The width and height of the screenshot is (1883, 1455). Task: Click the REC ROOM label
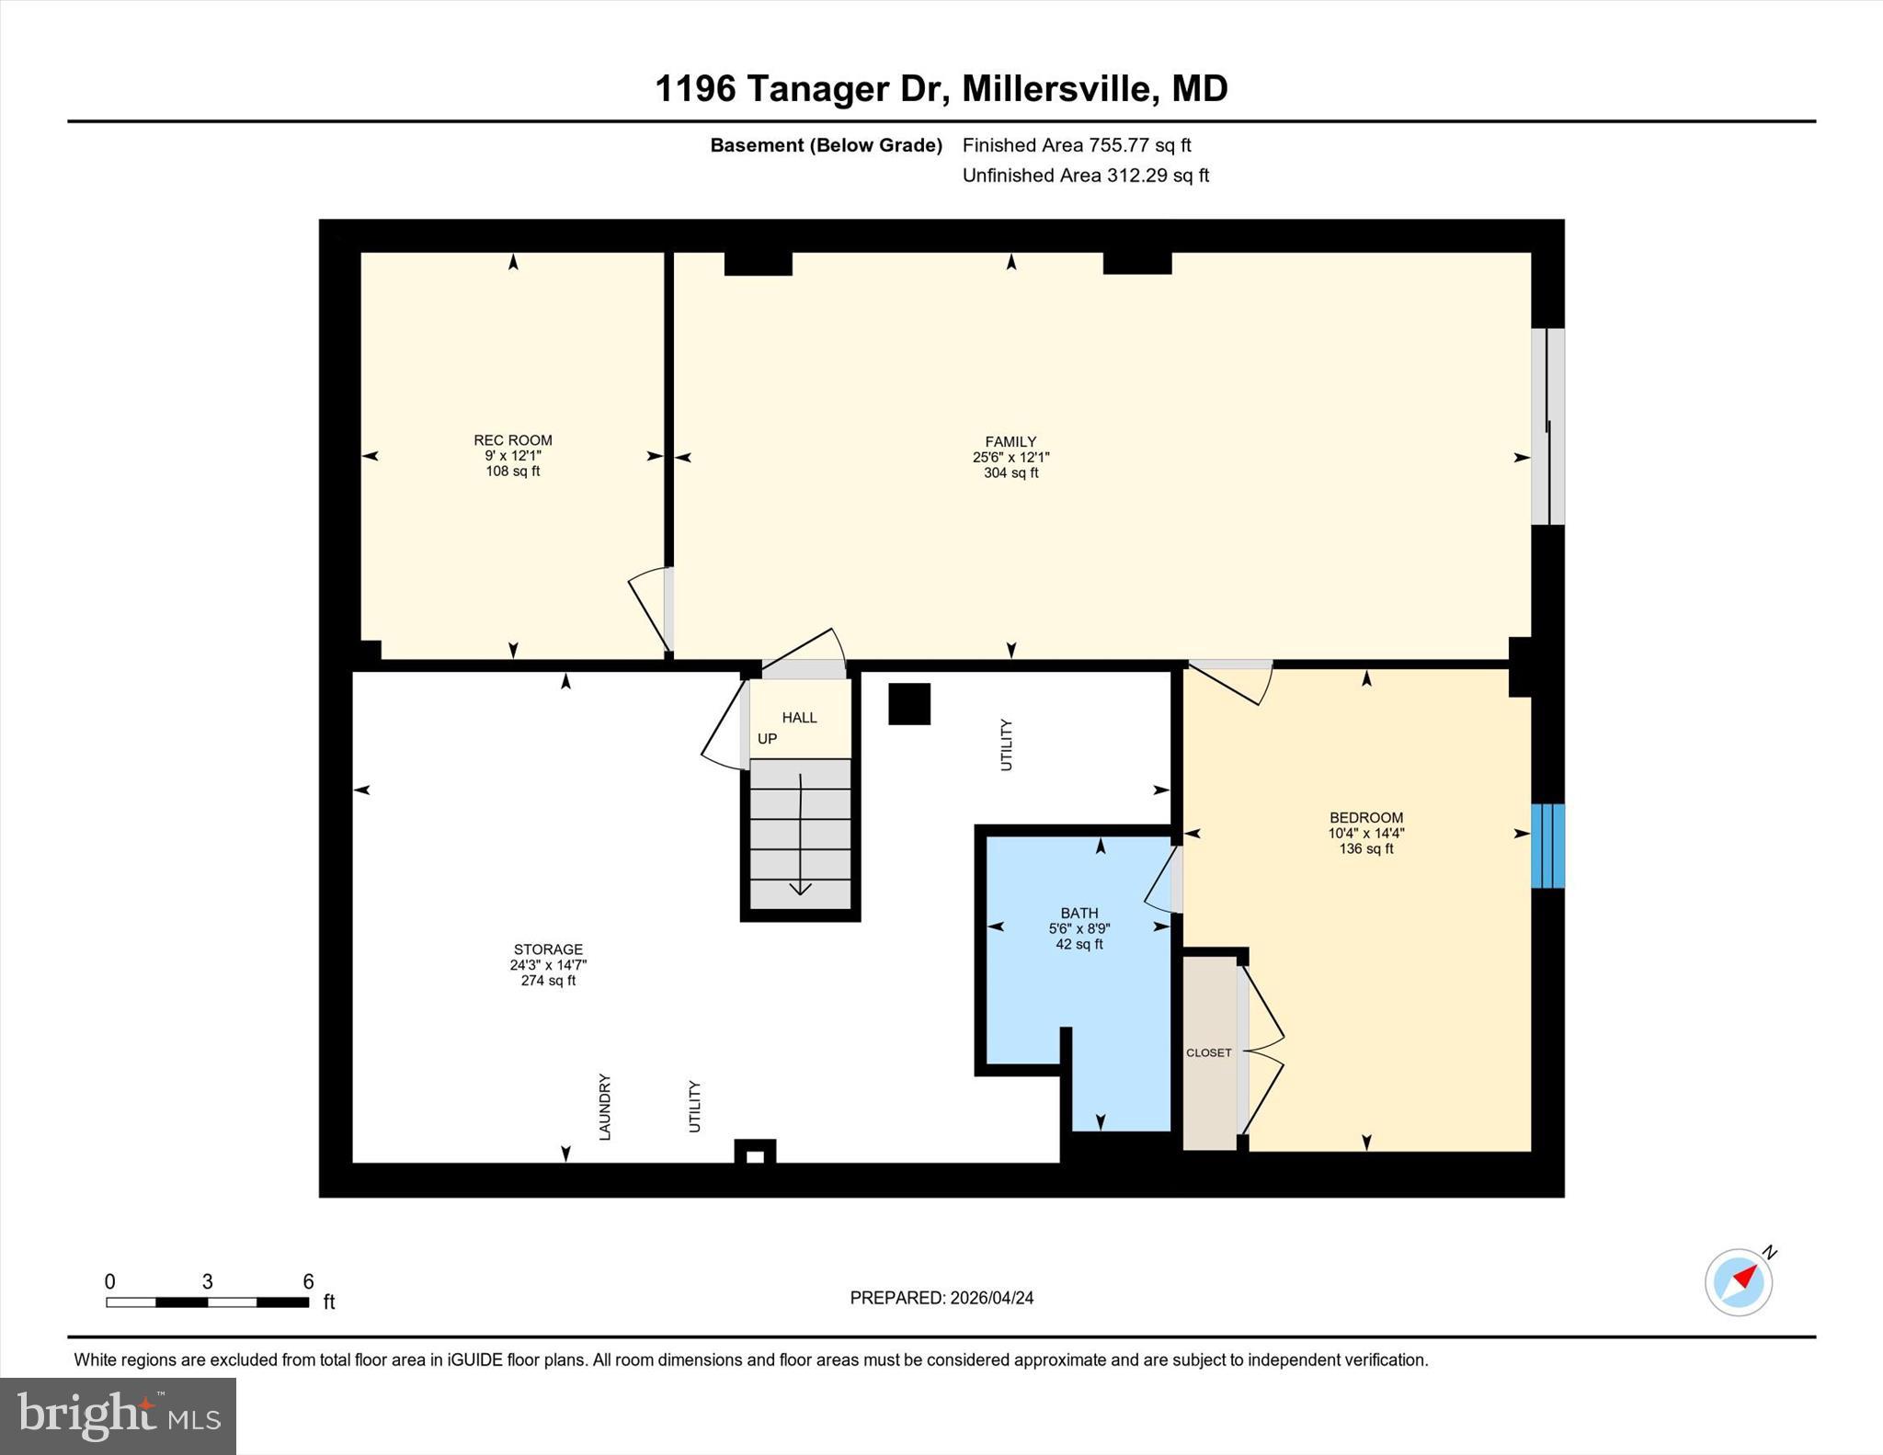click(x=512, y=440)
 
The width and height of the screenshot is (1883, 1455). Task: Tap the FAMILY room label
click(x=1010, y=442)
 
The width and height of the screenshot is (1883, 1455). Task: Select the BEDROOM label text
click(x=1365, y=818)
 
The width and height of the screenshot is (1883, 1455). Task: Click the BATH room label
click(x=1078, y=913)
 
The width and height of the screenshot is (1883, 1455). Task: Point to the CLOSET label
click(x=1208, y=1053)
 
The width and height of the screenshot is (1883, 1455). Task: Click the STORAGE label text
click(x=548, y=949)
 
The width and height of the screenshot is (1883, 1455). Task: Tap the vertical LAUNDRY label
click(x=605, y=1107)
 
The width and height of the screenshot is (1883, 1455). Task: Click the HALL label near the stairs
click(x=799, y=718)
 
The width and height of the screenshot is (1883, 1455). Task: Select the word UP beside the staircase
click(x=767, y=739)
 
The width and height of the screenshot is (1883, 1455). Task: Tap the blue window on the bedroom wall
click(x=1547, y=846)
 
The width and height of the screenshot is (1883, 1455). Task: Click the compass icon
click(x=1739, y=1281)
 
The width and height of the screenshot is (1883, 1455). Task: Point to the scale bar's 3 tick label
click(x=208, y=1281)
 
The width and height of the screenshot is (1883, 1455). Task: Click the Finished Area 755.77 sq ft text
click(x=1076, y=145)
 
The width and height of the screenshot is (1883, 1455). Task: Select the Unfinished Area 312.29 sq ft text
click(x=1085, y=176)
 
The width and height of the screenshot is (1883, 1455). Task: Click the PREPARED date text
click(x=941, y=1298)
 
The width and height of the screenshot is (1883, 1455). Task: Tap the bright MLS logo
click(x=118, y=1415)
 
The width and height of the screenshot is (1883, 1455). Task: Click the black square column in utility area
click(x=908, y=704)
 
